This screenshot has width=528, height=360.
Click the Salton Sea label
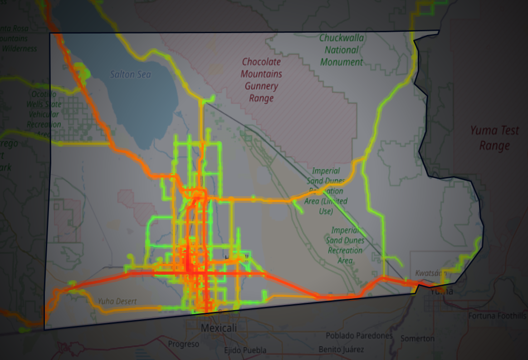(x=130, y=74)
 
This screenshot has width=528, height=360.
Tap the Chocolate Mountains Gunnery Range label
(x=261, y=80)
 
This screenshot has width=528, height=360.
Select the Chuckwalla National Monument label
(x=342, y=50)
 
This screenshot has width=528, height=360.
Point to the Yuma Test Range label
(x=494, y=138)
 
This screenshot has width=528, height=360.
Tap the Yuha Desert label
(x=117, y=301)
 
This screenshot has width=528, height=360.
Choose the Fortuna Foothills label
(x=498, y=316)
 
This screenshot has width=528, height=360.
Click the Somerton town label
(x=417, y=338)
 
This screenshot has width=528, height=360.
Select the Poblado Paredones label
(x=359, y=335)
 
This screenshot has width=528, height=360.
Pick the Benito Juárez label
(x=341, y=349)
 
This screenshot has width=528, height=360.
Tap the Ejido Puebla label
(x=245, y=350)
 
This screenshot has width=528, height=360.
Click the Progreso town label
(x=183, y=344)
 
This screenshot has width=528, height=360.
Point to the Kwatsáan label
(x=430, y=273)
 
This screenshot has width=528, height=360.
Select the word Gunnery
(x=261, y=86)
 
